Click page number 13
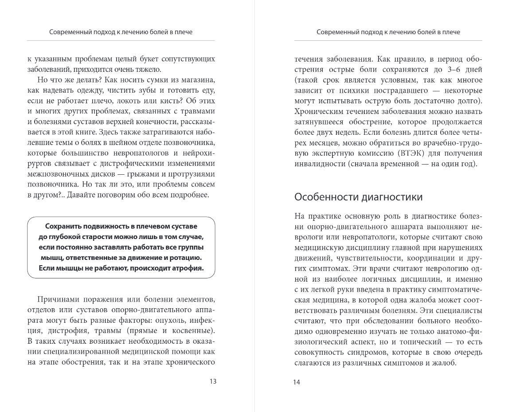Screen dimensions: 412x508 (x=213, y=382)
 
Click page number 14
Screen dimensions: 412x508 (x=297, y=382)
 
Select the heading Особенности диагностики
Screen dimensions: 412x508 (x=359, y=197)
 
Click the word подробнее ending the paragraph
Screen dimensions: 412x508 (x=189, y=195)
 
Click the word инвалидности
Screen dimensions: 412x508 (x=319, y=164)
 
